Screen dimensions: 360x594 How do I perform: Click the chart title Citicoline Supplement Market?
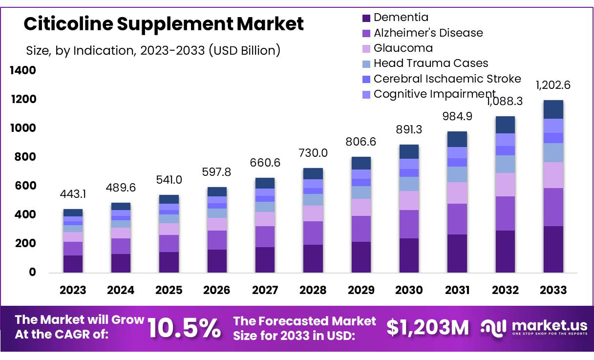(x=164, y=24)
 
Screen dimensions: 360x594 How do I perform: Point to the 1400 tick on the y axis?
(x=23, y=71)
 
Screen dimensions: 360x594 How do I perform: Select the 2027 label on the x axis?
(x=265, y=290)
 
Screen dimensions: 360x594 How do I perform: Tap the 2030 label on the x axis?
(x=409, y=290)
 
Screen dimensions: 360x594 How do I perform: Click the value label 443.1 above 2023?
(x=73, y=194)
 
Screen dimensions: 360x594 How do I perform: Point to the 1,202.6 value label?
(x=553, y=85)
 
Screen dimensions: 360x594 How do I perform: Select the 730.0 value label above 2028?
(x=313, y=153)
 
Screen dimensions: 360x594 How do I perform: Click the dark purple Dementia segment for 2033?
(x=553, y=249)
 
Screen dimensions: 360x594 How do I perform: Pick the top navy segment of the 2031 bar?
(x=457, y=139)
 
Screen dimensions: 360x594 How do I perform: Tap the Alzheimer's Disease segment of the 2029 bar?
(x=361, y=229)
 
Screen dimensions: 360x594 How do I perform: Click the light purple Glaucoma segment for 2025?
(x=169, y=229)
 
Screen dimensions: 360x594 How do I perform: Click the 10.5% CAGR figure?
(x=184, y=328)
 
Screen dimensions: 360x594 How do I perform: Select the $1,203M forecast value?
(x=427, y=328)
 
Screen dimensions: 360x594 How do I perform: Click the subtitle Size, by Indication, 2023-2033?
(x=153, y=50)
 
